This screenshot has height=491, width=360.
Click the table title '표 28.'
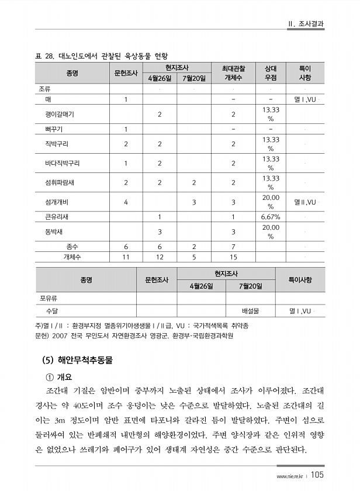[x=44, y=57]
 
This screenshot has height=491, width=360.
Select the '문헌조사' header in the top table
[x=126, y=73]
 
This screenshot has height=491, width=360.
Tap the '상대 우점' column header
[x=270, y=73]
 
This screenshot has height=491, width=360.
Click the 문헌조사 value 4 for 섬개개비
[x=126, y=202]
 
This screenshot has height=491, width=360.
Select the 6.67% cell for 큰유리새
[x=270, y=217]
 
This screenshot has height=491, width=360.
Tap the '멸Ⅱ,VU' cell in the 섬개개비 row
[x=304, y=202]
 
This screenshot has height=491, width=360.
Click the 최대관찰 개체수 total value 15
[x=233, y=257]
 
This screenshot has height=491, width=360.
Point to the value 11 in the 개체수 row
[x=126, y=257]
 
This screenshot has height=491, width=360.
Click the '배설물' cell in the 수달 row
[x=250, y=311]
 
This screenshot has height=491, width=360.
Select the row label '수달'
[x=51, y=311]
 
